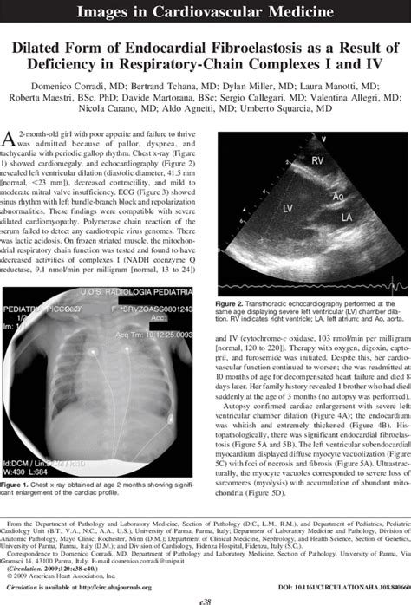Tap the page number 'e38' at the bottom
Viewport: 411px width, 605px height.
click(205, 599)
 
